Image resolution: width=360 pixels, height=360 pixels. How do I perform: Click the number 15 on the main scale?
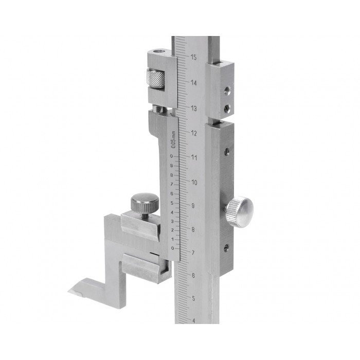click(193, 57)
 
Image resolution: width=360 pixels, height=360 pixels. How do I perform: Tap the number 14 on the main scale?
click(194, 83)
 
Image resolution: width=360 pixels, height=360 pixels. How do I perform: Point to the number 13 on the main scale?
click(194, 109)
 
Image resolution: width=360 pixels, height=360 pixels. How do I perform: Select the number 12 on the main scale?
click(194, 133)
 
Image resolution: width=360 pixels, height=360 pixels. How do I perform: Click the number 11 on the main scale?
click(194, 158)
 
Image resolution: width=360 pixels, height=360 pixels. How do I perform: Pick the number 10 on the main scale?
click(194, 183)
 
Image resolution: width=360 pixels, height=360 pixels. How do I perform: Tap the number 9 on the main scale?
click(193, 206)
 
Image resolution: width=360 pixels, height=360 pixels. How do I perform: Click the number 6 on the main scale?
click(193, 276)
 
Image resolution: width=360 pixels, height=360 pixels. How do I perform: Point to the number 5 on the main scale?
click(193, 298)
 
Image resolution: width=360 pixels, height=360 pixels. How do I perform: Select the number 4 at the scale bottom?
click(193, 321)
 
